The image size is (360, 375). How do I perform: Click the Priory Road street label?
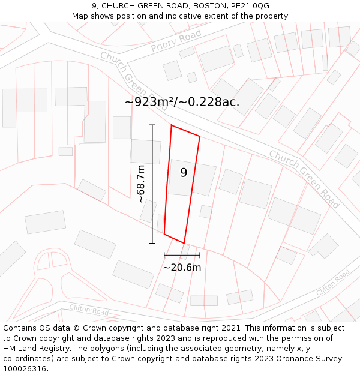[176, 41]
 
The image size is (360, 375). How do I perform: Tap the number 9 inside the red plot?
[184, 173]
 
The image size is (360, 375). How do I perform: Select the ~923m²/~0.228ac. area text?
[182, 102]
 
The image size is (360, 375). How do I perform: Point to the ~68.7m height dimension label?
[142, 184]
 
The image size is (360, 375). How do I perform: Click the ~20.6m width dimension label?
[182, 268]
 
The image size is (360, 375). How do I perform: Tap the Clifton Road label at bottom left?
[88, 310]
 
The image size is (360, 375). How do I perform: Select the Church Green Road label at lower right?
[304, 179]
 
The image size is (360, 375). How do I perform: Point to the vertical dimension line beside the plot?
[152, 184]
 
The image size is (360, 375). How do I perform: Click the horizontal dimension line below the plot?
[182, 255]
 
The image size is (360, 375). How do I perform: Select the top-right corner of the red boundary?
[200, 136]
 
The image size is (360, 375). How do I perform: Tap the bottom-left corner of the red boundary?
[164, 235]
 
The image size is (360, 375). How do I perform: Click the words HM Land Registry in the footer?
[33, 349]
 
